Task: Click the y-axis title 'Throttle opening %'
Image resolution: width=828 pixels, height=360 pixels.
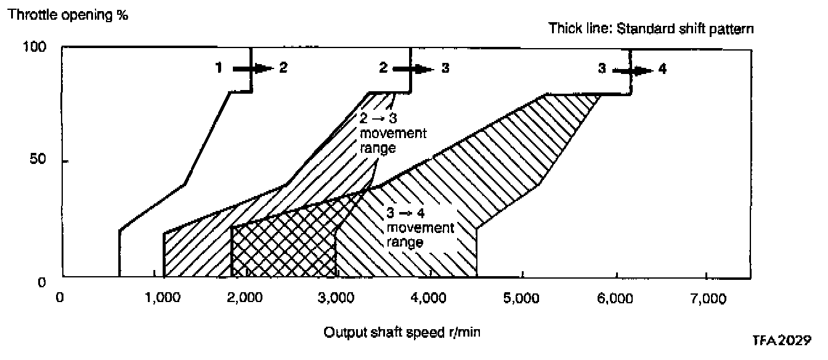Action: click(68, 15)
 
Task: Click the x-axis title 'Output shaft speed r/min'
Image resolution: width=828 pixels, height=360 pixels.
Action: click(402, 332)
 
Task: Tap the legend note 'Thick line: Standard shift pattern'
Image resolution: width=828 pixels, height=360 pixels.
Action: click(651, 29)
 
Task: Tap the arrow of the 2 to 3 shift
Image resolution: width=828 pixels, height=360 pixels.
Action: click(414, 69)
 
